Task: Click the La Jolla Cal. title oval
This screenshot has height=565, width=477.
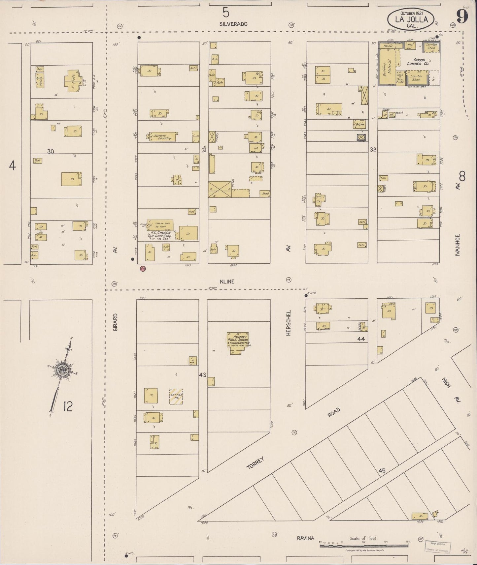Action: point(411,19)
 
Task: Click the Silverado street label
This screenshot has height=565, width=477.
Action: point(233,24)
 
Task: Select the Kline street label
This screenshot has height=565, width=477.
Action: point(227,281)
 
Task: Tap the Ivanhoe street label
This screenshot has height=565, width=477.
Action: point(458,245)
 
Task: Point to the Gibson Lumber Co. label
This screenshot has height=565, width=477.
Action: point(418,62)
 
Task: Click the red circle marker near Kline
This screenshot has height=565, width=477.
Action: point(143,268)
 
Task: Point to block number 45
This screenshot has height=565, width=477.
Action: point(382,471)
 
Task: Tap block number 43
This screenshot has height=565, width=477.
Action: point(203,375)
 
